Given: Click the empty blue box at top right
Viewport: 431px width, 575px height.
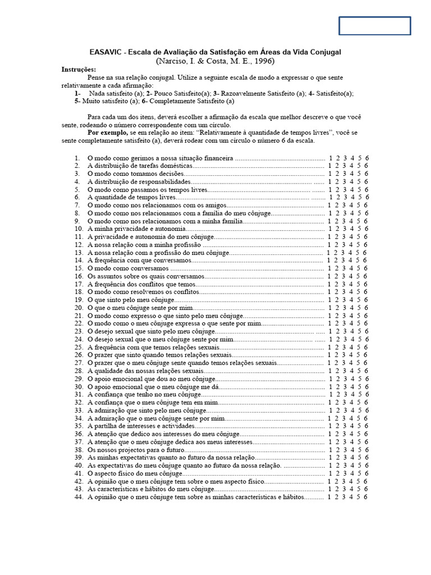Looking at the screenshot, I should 374,26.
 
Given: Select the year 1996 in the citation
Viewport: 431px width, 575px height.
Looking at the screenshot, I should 264,61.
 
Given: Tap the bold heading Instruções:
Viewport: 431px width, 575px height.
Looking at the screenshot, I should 79,70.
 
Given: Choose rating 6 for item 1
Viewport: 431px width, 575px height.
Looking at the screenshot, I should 366,158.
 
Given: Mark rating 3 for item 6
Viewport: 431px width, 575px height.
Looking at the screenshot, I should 346,198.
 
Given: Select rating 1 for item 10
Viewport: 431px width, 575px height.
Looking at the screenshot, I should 331,229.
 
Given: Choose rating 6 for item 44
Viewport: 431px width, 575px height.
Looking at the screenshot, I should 366,497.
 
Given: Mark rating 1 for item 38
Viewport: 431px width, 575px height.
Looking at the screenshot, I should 331,450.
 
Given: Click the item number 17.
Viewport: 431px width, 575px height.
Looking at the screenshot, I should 79,284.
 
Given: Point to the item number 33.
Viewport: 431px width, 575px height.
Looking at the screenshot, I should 79,410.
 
